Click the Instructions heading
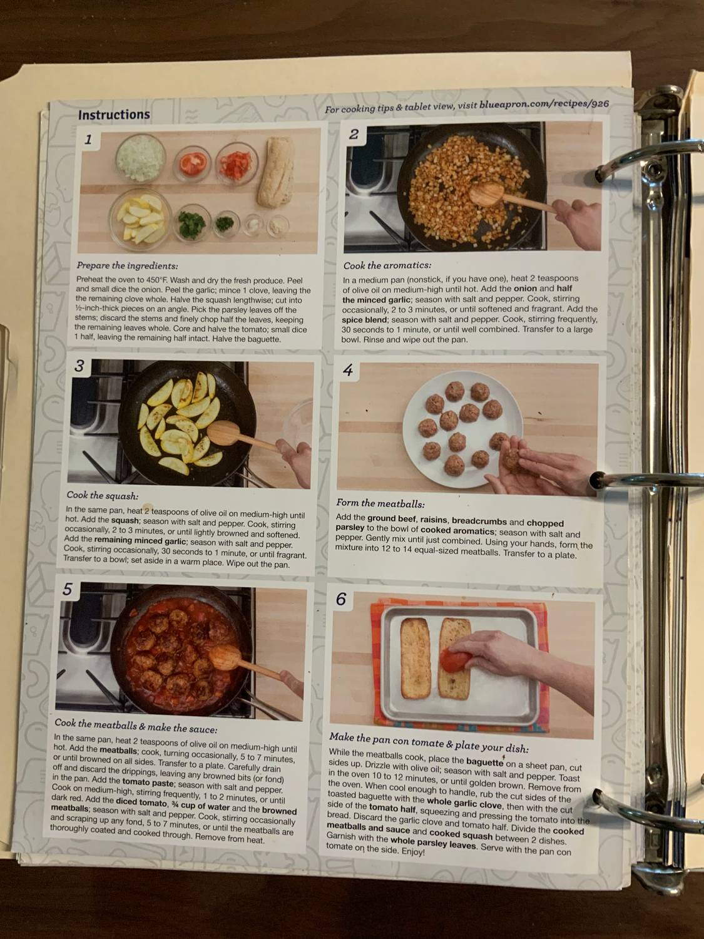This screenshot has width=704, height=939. click(113, 115)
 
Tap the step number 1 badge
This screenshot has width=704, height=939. click(88, 139)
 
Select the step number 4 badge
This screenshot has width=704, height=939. click(348, 371)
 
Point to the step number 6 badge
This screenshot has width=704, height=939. click(341, 599)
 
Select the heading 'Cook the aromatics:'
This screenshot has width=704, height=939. click(387, 265)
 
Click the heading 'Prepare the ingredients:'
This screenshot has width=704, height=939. click(127, 265)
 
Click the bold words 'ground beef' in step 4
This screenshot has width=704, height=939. click(391, 518)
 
